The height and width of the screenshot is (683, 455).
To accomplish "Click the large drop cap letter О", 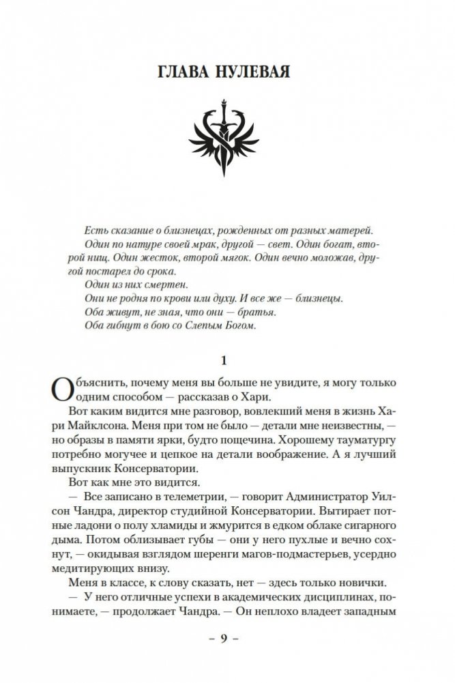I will [60, 392].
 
